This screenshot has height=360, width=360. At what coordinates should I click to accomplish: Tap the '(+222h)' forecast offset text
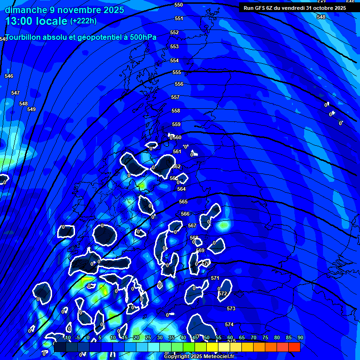click(83, 21)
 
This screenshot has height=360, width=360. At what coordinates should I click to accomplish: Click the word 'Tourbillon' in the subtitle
click(26, 37)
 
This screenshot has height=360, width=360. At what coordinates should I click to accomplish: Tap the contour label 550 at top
click(179, 5)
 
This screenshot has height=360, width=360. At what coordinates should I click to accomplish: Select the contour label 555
click(177, 73)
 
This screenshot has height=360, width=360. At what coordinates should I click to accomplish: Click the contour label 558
click(176, 111)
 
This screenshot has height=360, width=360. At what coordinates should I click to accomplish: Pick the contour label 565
click(183, 202)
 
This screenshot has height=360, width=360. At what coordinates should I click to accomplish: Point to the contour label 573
click(231, 309)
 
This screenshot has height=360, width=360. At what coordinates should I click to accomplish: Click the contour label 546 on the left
click(9, 76)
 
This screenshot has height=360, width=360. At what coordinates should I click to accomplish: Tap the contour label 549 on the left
click(31, 109)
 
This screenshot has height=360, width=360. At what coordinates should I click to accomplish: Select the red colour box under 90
click(294, 347)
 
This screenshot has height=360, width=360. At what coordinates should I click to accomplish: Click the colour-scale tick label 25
click(148, 337)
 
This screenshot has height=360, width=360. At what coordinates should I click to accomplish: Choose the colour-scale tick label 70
click(254, 337)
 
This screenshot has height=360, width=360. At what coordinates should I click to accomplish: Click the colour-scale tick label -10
click(67, 337)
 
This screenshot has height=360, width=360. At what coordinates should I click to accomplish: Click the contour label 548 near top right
click(321, 17)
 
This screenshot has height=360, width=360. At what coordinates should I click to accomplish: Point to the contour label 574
click(229, 324)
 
